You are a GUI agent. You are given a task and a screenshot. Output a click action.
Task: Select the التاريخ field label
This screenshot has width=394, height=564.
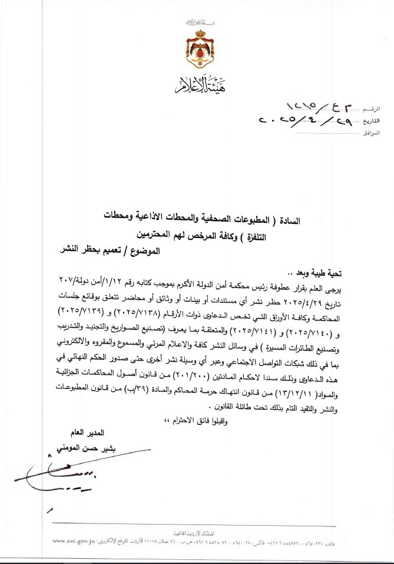(371, 121)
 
